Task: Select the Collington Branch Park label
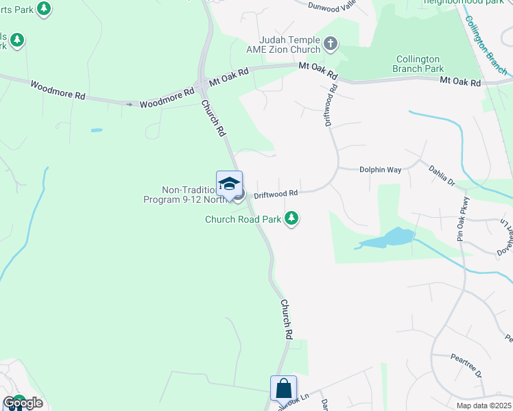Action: [x=418, y=64]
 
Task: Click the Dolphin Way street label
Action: [x=379, y=170]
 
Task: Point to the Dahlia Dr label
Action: [x=442, y=175]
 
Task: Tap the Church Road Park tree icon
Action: [x=293, y=219]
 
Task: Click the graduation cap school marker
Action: [x=229, y=184]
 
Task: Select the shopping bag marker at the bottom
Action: [x=283, y=388]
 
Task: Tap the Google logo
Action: [x=22, y=403]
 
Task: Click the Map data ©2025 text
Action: [x=483, y=406]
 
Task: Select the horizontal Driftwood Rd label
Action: [x=276, y=194]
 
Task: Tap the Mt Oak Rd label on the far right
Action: [x=460, y=82]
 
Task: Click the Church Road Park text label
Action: [x=243, y=220]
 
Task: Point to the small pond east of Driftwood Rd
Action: [x=388, y=239]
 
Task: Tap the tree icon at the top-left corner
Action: [x=44, y=8]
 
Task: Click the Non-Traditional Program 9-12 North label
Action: [x=185, y=195]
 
